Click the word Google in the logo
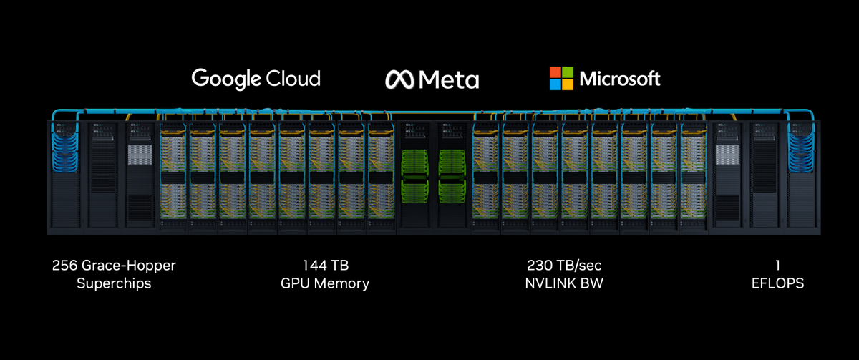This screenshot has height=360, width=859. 226,78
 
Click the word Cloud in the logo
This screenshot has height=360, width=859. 293,78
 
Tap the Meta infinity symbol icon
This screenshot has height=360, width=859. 401,79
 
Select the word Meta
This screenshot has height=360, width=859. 449,79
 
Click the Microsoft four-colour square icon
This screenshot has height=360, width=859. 561,79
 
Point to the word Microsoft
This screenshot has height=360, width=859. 620,79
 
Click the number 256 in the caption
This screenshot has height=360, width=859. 64,266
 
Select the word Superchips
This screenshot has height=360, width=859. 114,283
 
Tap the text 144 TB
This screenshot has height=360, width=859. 325,266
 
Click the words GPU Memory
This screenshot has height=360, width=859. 325,283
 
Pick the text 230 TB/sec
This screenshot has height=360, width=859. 564,266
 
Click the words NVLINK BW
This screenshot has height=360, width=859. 564,283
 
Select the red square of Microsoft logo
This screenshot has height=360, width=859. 555,72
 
